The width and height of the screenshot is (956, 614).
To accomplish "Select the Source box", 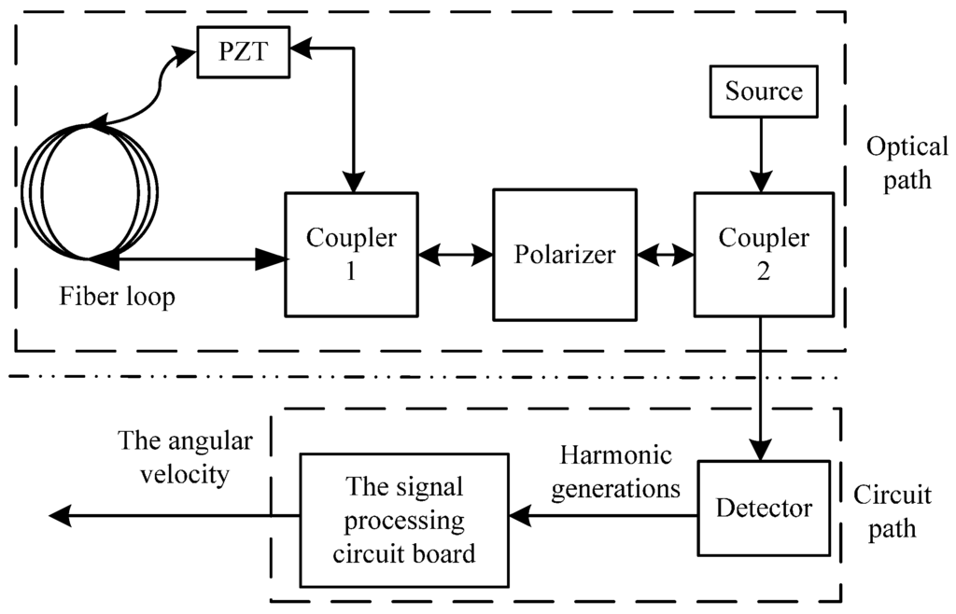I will (764, 91).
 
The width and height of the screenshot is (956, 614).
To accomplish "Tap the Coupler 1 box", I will (351, 254).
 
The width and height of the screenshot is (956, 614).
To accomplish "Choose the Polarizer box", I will (565, 254).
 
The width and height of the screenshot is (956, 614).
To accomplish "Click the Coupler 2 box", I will (764, 254).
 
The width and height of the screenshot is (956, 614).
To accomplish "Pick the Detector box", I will (764, 509).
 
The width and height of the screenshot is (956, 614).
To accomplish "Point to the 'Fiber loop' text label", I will (118, 299).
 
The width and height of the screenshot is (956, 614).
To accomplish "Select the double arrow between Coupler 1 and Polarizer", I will (456, 254).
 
